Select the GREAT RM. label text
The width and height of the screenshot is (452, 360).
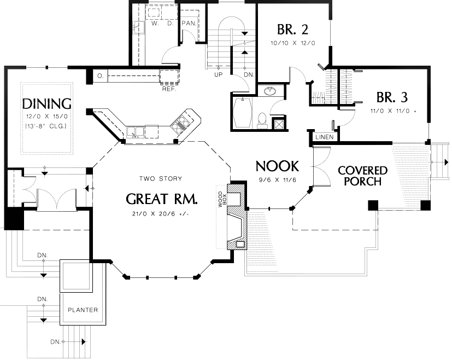click(161, 198)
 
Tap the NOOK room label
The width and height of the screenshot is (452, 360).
click(277, 166)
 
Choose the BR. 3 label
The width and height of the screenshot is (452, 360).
click(392, 97)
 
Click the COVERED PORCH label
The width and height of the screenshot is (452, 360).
click(362, 176)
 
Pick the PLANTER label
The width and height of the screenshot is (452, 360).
click(83, 310)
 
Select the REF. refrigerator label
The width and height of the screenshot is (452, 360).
click(168, 88)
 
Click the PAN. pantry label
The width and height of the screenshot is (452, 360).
click(189, 24)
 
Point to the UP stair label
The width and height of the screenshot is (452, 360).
click(218, 74)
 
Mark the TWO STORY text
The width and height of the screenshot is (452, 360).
click(161, 178)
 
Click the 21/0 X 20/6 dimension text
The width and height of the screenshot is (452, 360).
click(161, 213)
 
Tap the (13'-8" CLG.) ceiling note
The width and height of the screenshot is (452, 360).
click(45, 126)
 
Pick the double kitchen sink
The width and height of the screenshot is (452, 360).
click(136, 131)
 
